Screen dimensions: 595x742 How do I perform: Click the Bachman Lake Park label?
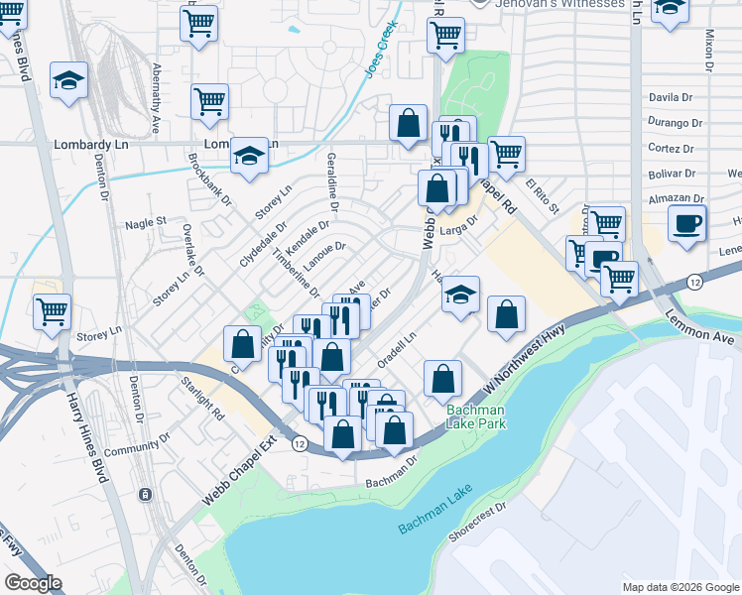tap(475, 416)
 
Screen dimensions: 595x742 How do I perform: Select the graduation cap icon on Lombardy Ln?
tap(250, 154)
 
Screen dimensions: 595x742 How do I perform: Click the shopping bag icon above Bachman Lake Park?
tap(443, 378)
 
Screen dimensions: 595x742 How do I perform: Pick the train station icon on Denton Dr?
tap(145, 494)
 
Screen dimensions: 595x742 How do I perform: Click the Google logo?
tap(33, 583)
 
